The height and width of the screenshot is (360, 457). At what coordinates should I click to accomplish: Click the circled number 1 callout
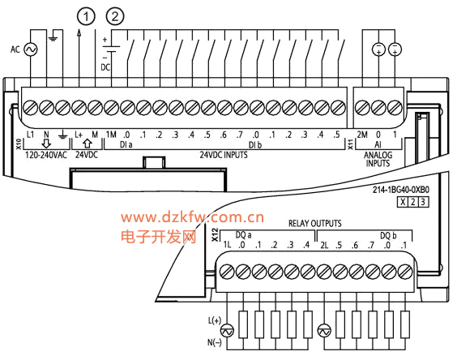pos(86,17)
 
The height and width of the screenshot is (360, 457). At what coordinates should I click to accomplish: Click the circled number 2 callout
pos(115,17)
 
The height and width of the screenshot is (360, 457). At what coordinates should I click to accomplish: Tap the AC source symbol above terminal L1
pos(30,49)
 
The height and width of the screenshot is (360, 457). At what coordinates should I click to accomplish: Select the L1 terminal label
pos(30,135)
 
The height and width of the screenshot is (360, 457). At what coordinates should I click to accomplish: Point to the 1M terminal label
pos(111,135)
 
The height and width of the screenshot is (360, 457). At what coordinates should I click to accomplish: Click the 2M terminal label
pos(362,135)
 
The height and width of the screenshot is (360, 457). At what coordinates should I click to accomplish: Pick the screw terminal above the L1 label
pos(30,107)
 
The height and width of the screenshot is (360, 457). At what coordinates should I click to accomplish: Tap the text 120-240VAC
pos(46,155)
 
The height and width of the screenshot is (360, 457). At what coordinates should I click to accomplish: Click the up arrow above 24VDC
pos(88,144)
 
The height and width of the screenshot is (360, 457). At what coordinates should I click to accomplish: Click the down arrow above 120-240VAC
pos(46,144)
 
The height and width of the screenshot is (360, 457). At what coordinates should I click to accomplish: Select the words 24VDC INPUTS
pos(224,155)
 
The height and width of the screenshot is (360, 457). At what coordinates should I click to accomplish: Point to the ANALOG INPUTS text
pos(378,159)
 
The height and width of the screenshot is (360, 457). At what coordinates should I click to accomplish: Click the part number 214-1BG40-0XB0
pos(401,190)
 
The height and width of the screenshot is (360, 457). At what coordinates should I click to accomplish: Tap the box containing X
pos(403,202)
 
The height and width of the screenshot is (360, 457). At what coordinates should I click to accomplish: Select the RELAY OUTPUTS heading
pos(314,224)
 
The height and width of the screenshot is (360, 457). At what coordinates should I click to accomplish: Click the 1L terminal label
pos(227,245)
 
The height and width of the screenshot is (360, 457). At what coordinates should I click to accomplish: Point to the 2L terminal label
pos(324,245)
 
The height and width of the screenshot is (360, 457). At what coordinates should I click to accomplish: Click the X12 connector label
pos(215,235)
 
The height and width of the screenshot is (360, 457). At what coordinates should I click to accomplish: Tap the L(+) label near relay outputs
pos(215,320)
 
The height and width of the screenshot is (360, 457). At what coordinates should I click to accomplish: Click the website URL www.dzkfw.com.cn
pos(192,217)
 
